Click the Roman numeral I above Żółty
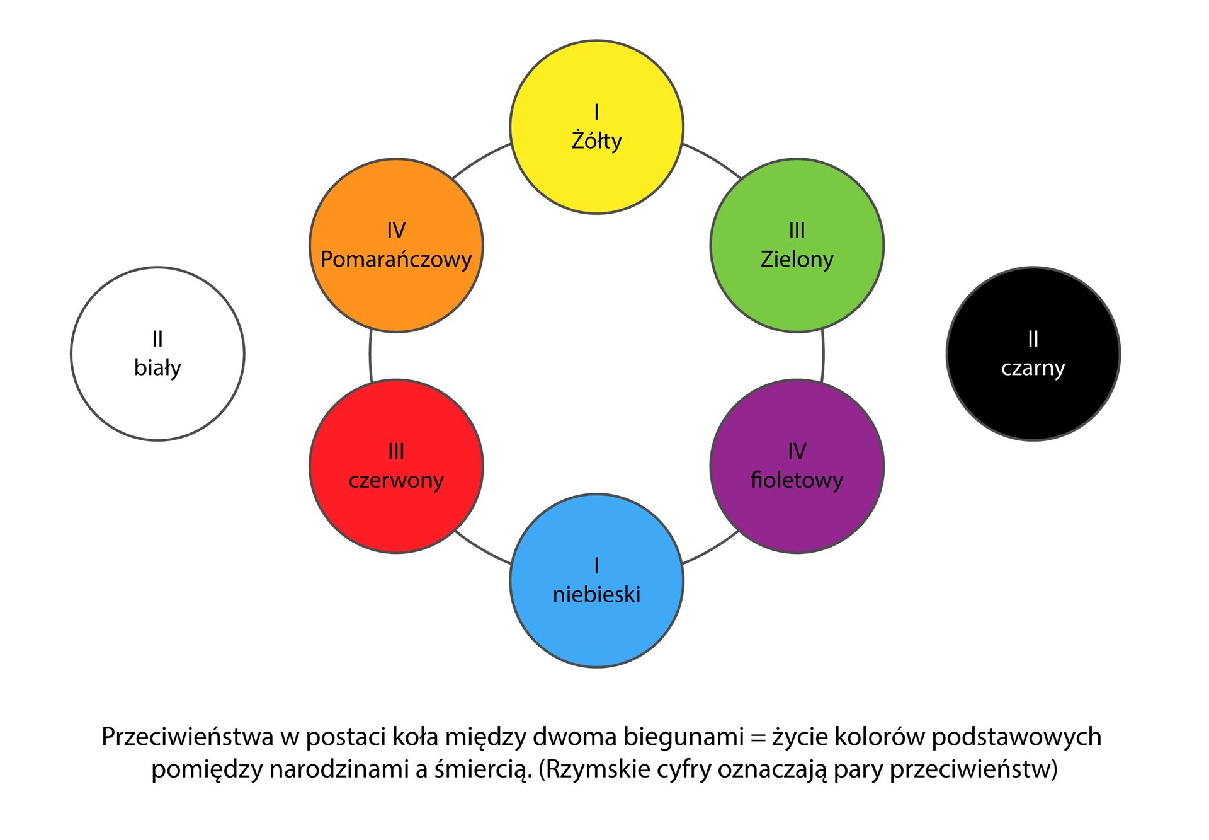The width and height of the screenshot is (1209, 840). tap(596, 112)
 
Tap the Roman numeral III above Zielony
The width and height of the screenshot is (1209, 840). tap(797, 231)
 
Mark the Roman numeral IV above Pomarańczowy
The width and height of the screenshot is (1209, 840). tap(396, 231)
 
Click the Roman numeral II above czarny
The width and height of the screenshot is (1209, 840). tap(1033, 339)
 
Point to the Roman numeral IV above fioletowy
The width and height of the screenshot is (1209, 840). tap(797, 451)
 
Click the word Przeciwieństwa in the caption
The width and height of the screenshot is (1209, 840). tap(187, 737)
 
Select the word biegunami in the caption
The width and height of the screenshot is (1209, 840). tap(683, 737)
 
